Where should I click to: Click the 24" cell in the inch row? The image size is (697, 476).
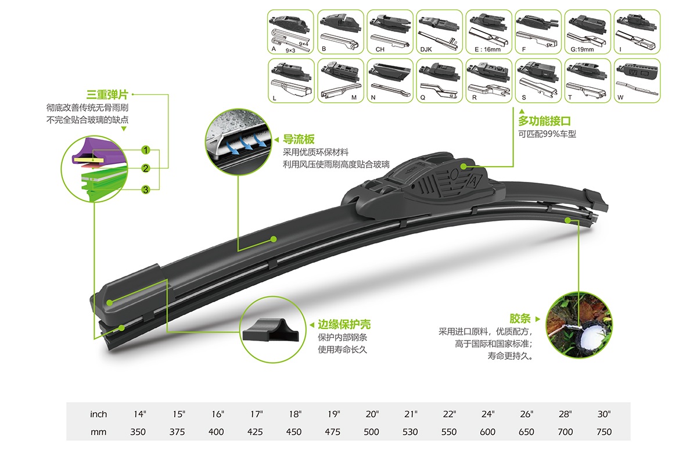487,414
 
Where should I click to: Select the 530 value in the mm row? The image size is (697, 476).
411,432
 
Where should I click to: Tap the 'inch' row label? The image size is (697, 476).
99,414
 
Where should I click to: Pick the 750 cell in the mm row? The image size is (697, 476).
604,432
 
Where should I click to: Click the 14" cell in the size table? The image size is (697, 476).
139,414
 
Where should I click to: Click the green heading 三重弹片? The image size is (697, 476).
107,94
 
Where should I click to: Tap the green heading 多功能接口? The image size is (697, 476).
545,121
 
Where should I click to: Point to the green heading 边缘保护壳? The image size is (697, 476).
344,324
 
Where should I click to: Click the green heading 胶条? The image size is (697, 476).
520,318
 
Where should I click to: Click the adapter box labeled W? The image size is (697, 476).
637,81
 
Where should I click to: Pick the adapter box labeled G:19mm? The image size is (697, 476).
587,32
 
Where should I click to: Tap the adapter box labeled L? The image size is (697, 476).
291,81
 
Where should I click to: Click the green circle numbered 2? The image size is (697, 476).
146,169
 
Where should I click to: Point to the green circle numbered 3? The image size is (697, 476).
146,189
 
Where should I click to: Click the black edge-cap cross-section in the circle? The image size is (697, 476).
271,330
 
